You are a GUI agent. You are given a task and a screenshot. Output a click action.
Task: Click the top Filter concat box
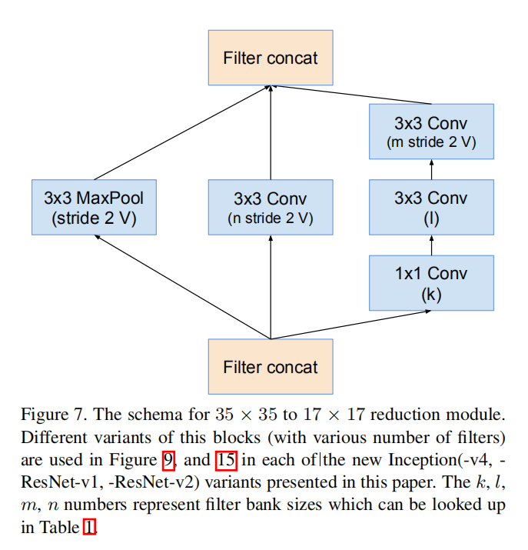(x=271, y=58)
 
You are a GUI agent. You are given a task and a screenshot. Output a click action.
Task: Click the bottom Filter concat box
(x=271, y=367)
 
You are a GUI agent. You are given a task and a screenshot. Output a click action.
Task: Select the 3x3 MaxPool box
(x=94, y=208)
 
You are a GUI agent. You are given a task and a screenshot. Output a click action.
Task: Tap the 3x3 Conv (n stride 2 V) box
(x=271, y=208)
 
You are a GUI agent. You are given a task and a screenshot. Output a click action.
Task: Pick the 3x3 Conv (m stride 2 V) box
(x=430, y=132)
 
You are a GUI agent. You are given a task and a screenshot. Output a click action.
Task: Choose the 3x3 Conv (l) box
(x=430, y=208)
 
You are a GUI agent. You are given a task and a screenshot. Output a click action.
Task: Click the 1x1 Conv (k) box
(x=430, y=283)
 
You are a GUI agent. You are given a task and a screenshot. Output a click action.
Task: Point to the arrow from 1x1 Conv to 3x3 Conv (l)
(x=430, y=246)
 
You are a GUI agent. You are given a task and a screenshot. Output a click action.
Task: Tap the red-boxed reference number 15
(x=225, y=461)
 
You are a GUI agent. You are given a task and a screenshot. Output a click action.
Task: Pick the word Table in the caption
(x=60, y=528)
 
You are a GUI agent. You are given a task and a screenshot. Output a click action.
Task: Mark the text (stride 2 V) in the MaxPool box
(x=94, y=218)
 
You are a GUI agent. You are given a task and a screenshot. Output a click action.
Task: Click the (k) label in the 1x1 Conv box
(x=430, y=294)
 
